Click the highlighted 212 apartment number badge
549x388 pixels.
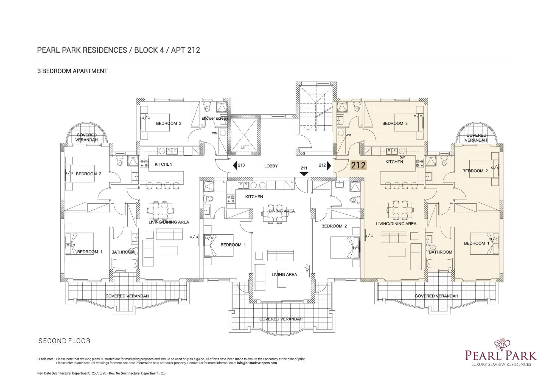point(358,165)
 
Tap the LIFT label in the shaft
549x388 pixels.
point(245,147)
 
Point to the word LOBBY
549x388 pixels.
point(271,166)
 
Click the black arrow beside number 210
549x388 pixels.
point(235,165)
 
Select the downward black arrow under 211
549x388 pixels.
point(304,174)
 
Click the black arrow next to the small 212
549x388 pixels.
point(329,165)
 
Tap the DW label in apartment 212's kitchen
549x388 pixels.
point(402,158)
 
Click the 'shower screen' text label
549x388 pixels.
point(215,119)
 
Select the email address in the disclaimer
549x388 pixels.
point(257,363)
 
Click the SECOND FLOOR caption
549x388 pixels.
point(65,341)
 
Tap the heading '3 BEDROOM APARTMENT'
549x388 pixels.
point(72,71)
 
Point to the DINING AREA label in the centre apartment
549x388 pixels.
point(282,211)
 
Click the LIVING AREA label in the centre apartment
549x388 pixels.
point(284,274)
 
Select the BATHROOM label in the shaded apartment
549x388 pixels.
point(441,252)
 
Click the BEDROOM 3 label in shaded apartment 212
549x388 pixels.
point(395,123)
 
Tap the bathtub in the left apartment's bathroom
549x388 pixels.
point(125,264)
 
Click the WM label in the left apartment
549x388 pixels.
point(215,133)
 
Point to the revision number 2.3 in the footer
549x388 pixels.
point(163,373)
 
